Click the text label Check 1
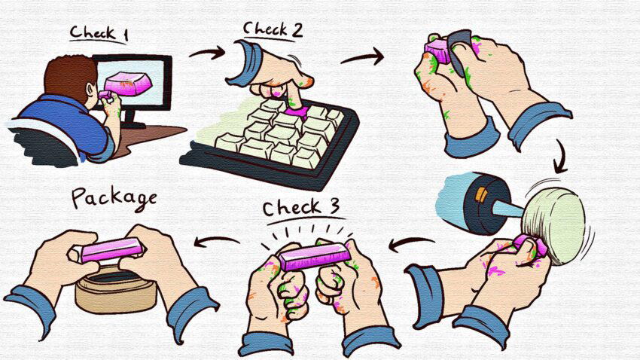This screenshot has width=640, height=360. [99, 33]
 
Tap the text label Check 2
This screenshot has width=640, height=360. [273, 29]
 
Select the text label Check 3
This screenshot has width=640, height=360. [301, 207]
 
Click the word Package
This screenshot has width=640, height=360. [114, 198]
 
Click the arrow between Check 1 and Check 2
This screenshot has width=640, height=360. [207, 52]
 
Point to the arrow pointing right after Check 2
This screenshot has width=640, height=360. [362, 56]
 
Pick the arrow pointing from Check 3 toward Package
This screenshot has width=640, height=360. [216, 241]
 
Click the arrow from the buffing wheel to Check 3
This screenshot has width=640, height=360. [411, 244]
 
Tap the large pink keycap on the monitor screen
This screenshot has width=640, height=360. [128, 84]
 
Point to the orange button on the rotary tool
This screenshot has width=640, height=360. [481, 195]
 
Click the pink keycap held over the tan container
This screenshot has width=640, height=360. [110, 250]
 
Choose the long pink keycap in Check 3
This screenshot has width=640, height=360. [315, 256]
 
